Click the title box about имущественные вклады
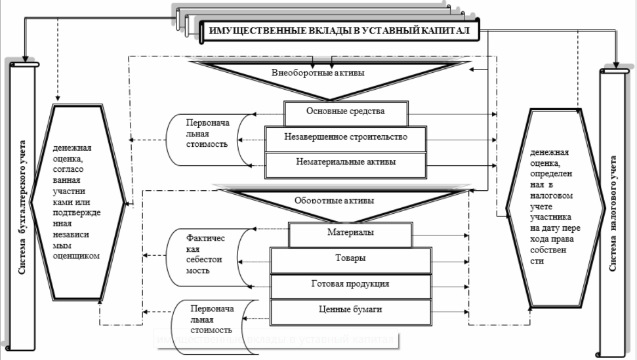(x=339, y=31)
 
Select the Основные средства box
(x=346, y=112)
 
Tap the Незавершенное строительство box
(x=346, y=138)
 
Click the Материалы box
(x=351, y=233)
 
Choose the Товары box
(x=351, y=259)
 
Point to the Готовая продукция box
(x=351, y=284)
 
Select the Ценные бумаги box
(x=351, y=309)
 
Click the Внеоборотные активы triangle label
(x=318, y=73)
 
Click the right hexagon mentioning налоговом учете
(x=556, y=207)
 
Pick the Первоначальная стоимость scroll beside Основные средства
(x=207, y=134)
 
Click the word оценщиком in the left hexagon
(x=76, y=256)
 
